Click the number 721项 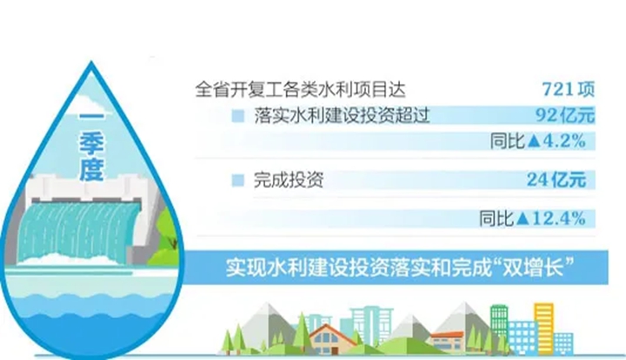tap(568, 90)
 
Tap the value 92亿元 tap(565, 116)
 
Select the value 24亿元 tap(556, 180)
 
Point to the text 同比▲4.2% tap(538, 141)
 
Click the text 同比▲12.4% tap(533, 218)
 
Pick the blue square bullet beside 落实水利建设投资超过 tap(238, 116)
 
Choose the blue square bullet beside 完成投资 tap(238, 180)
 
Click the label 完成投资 tap(289, 180)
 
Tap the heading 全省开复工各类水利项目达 tap(300, 90)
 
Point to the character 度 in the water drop tap(91, 170)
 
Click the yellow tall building tap(543, 326)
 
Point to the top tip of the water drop tap(91, 61)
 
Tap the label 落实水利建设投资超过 tap(342, 116)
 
